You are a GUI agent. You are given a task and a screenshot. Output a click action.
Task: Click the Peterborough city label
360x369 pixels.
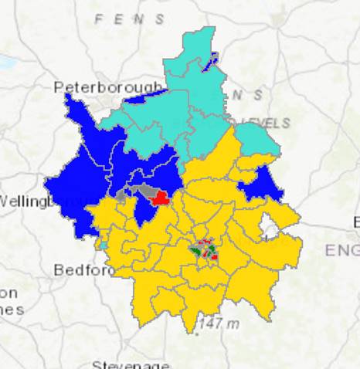pyautogui.click(x=107, y=87)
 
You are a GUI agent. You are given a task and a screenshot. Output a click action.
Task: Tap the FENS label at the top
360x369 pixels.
pyautogui.click(x=119, y=19)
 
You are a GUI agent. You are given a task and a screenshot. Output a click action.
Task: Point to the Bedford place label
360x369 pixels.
pyautogui.click(x=84, y=269)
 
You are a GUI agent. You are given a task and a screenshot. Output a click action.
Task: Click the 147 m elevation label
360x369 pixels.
pyautogui.click(x=218, y=323)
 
